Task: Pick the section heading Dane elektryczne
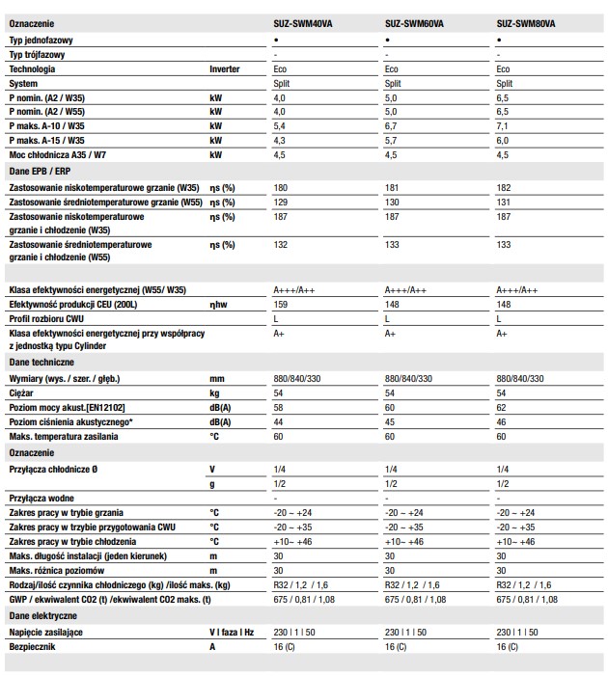coord(42,613)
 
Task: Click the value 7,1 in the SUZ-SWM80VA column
coord(503,125)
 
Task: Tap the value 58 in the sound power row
coord(279,408)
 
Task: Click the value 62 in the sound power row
coord(501,408)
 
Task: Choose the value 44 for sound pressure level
coord(279,422)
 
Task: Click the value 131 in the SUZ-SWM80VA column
coord(503,202)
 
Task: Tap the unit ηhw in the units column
coord(218,304)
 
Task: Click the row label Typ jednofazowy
coord(41,41)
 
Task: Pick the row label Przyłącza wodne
coord(42,499)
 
